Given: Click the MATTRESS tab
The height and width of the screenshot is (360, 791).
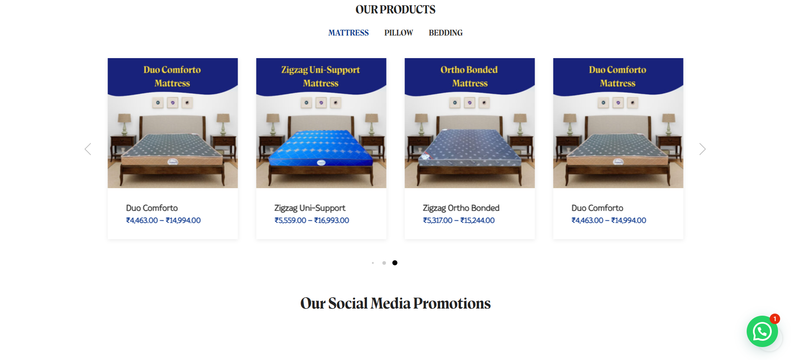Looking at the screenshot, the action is (x=348, y=33).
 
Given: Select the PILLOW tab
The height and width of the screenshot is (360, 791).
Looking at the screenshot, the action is (x=399, y=33).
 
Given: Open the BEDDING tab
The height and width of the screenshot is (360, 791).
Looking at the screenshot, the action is (x=445, y=33).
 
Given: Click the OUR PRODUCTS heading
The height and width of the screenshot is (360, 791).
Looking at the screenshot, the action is (x=395, y=10).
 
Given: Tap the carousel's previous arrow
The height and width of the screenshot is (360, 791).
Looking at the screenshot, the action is (x=88, y=149).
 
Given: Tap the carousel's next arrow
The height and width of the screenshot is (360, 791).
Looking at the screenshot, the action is (x=702, y=149).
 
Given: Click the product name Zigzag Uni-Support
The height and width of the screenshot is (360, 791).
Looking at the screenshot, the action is (x=310, y=208).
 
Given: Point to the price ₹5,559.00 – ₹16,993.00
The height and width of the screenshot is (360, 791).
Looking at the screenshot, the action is (x=312, y=220).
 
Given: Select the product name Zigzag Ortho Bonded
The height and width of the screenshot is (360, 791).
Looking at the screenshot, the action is (x=461, y=208).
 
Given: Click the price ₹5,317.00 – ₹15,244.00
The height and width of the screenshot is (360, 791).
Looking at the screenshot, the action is (x=458, y=220).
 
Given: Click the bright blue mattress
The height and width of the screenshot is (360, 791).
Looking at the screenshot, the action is (x=321, y=148).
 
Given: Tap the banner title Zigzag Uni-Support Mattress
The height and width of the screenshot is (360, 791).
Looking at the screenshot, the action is (x=321, y=77).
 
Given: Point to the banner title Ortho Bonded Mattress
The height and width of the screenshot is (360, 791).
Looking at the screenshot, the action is (x=469, y=77).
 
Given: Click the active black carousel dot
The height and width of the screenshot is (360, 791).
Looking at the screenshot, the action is (x=395, y=263).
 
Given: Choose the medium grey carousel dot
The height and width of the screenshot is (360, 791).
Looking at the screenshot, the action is (x=384, y=263).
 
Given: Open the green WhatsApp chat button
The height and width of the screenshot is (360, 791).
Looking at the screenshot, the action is (x=762, y=331).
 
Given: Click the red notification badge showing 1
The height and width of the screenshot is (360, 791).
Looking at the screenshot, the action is (x=775, y=319).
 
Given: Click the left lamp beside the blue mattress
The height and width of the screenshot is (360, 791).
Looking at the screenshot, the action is (x=273, y=124).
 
